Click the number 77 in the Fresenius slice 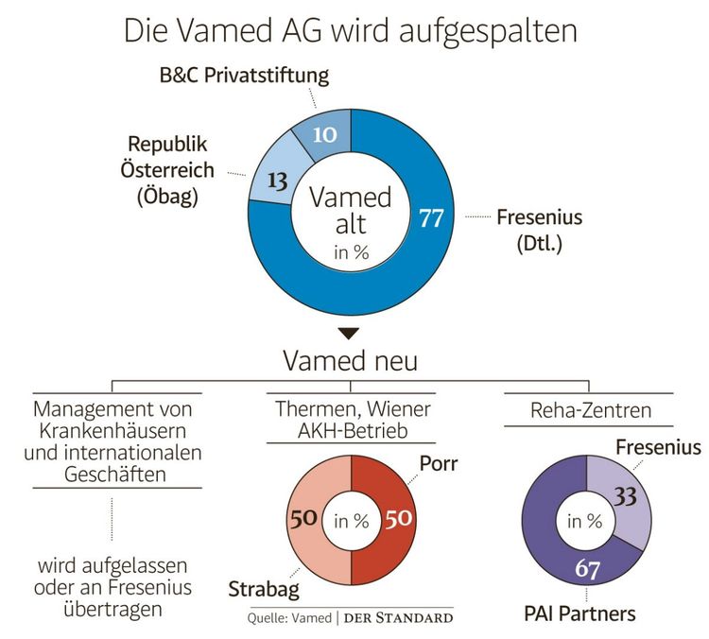[431, 218]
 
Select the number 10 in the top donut [324, 134]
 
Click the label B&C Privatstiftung [244, 75]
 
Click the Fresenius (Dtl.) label [538, 230]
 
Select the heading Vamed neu [351, 361]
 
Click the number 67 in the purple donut [586, 571]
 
